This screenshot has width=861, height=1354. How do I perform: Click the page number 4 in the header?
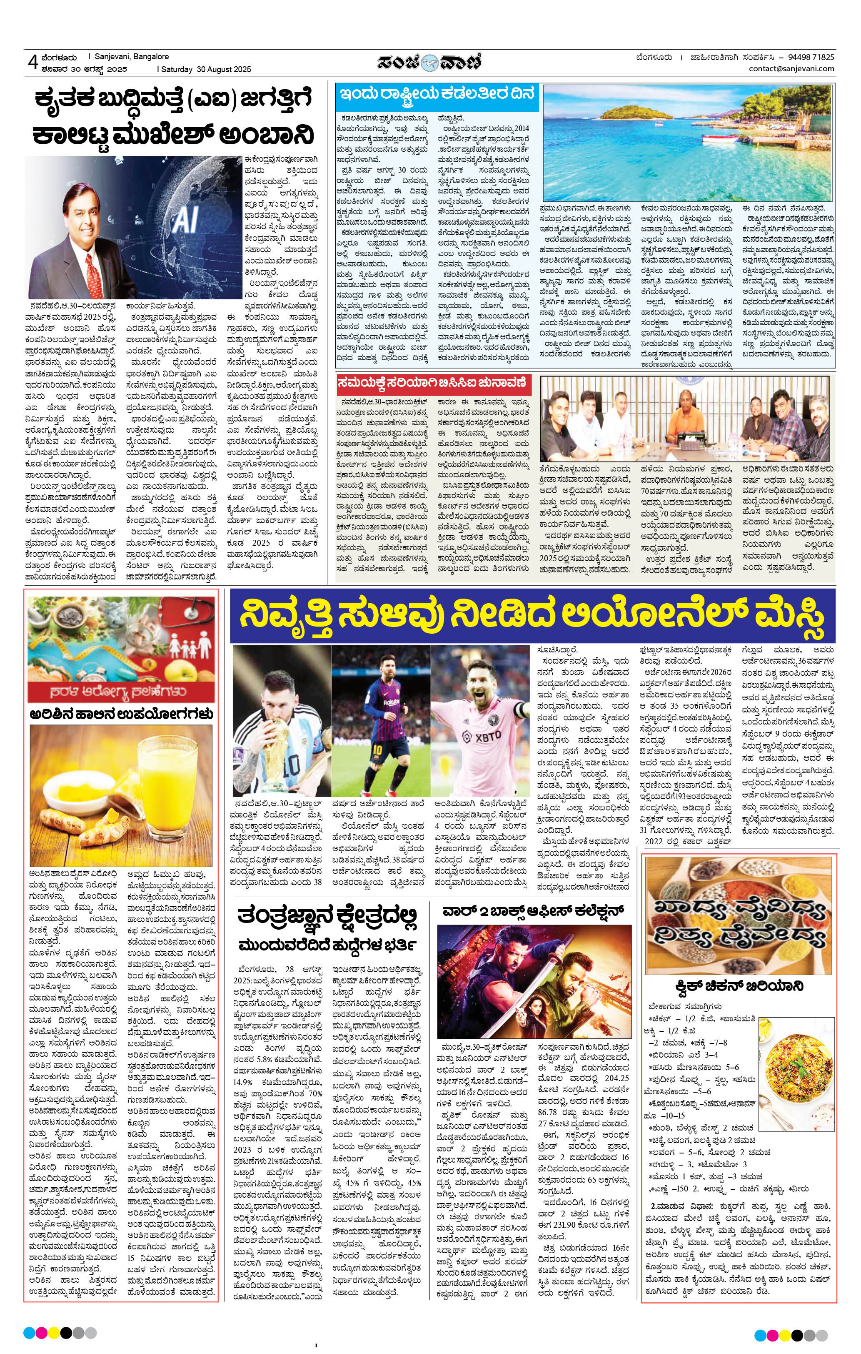click(x=32, y=63)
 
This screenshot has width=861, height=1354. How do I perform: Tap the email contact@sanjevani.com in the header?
click(x=791, y=69)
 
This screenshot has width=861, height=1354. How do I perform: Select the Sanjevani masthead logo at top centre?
click(x=430, y=61)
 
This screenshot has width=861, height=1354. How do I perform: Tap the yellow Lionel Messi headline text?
click(x=531, y=616)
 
